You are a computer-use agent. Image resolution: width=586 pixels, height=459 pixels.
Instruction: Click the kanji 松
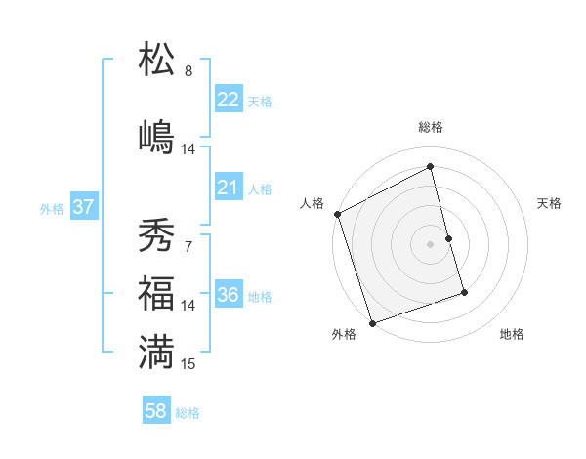pos(157,60)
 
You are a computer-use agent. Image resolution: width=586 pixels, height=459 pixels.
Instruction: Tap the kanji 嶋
pos(157,136)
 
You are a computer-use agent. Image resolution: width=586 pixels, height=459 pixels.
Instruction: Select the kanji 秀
pos(157,235)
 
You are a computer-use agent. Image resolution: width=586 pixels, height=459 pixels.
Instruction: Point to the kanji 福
pos(157,293)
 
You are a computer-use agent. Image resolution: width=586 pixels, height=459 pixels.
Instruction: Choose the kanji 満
pos(157,352)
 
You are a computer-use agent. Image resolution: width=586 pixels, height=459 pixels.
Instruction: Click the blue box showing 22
pos(229,100)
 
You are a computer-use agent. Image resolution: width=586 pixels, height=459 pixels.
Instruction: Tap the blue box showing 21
pos(229,188)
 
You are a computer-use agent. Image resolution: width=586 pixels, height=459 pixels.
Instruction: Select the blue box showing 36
pos(229,296)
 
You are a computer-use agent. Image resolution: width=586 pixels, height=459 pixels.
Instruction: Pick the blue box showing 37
pos(83,208)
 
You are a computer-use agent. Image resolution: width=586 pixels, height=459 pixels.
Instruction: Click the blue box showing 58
pos(156,411)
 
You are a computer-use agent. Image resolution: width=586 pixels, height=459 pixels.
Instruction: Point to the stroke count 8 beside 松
pos(188,71)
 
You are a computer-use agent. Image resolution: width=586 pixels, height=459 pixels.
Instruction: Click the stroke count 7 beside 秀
pos(188,246)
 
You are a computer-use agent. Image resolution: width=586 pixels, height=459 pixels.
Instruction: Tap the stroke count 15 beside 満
pos(188,364)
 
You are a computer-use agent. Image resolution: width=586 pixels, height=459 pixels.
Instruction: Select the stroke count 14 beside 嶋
pos(188,149)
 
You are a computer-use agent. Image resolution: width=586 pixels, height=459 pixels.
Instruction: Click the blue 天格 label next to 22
pos(260,101)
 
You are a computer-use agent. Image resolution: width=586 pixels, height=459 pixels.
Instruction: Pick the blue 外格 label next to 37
pos(52,209)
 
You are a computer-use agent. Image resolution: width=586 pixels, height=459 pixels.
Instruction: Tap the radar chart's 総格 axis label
pos(431,127)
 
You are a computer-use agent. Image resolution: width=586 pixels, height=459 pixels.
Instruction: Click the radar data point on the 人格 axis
pos(337,214)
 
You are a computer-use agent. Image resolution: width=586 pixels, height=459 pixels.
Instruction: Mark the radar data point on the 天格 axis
pos(448,238)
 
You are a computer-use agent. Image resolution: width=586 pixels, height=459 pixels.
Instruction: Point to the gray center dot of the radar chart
pos(430,243)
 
